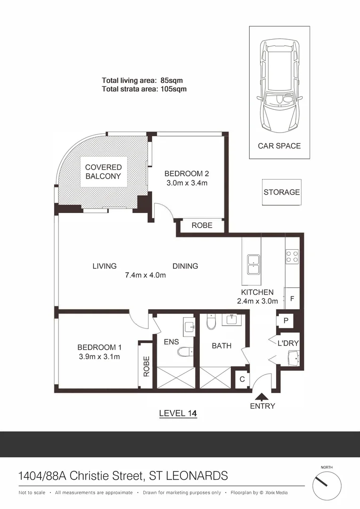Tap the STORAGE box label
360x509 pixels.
(281, 192)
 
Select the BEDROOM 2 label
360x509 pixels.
(187, 173)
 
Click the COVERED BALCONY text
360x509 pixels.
(103, 172)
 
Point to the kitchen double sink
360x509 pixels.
(254, 264)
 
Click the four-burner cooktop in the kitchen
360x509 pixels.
(292, 256)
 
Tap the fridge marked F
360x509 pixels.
(292, 298)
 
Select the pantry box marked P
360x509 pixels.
(286, 320)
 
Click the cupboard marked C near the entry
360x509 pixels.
(242, 378)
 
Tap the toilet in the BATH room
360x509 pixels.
(211, 322)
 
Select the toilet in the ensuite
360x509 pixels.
(185, 352)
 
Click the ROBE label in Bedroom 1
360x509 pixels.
(146, 366)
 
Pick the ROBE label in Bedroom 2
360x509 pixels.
(202, 225)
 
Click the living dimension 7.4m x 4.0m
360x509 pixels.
(145, 275)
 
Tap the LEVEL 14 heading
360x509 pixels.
(178, 413)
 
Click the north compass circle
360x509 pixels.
(327, 486)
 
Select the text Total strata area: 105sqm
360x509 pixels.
(144, 89)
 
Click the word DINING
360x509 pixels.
(185, 266)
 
